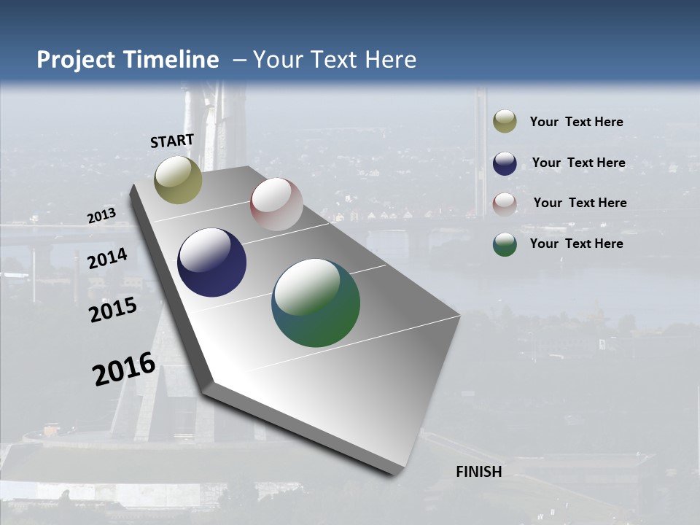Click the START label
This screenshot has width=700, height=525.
[172, 141]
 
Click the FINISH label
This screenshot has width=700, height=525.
[478, 472]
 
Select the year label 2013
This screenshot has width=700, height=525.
[101, 216]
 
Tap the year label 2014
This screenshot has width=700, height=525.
[107, 259]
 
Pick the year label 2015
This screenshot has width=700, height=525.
[112, 310]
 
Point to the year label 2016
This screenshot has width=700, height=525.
[124, 368]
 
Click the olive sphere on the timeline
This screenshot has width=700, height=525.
[178, 179]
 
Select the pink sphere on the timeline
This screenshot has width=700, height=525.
[276, 204]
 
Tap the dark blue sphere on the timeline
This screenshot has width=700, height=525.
[211, 262]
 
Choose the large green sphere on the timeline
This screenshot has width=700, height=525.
[316, 303]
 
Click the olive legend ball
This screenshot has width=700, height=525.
[505, 122]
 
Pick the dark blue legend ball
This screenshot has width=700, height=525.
[505, 163]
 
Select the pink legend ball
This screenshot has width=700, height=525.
[505, 203]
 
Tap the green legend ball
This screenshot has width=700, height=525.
[505, 244]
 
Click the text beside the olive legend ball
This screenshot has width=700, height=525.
[576, 122]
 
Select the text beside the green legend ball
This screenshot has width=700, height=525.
[576, 244]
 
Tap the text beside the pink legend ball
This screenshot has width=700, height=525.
[580, 203]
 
